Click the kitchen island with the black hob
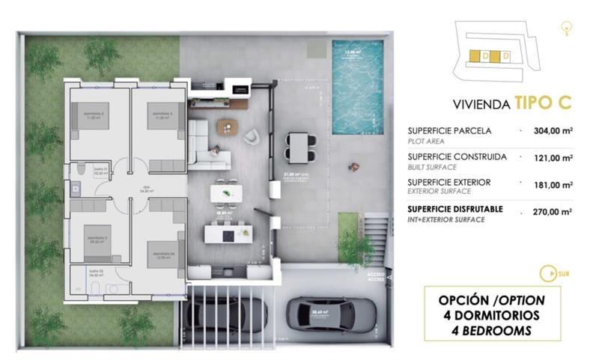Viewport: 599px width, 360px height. coord(227,235)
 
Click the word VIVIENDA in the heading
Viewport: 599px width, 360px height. coord(481,104)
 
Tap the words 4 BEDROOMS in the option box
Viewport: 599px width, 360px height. coord(490,329)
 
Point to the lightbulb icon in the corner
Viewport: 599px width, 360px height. coord(568,28)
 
